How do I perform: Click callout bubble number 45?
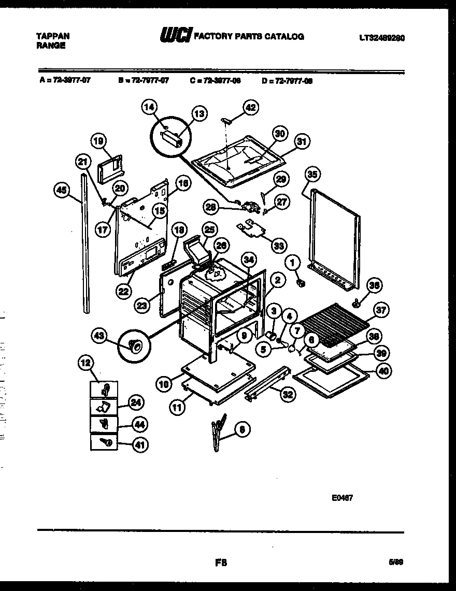point(61,190)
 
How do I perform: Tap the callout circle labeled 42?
point(250,108)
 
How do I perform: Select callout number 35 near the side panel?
point(311,174)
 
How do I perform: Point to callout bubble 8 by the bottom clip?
point(241,429)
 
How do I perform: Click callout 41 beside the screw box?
point(139,443)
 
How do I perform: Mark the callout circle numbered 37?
point(381,311)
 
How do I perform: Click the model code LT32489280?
point(382,37)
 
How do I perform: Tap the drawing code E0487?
point(342,499)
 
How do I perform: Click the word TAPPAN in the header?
point(53,36)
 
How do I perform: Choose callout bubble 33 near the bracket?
point(279,246)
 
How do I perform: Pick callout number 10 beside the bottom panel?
point(163,384)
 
